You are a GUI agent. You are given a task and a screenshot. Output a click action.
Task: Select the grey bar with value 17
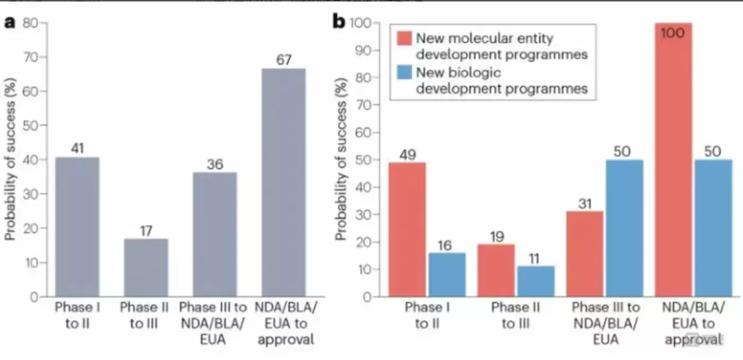click(146, 268)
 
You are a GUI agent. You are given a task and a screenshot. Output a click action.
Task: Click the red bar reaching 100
click(674, 159)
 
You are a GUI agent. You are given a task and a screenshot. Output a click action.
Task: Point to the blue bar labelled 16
click(446, 275)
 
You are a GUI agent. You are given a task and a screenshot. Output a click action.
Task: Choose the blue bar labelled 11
click(536, 281)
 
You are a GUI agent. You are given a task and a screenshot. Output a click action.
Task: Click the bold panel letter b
click(339, 21)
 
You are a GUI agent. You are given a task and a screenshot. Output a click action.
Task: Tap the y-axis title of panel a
click(10, 159)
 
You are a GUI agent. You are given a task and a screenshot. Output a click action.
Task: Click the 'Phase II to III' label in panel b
click(515, 315)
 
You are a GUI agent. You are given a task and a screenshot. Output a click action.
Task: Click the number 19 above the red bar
click(497, 236)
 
